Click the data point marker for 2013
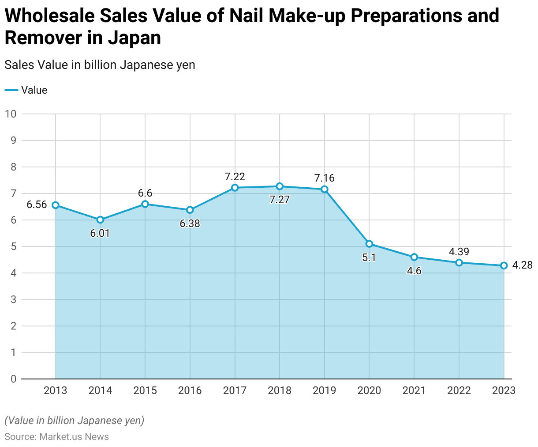[56, 205]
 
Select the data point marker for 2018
[280, 186]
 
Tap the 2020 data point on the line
[370, 244]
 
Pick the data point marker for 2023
[504, 265]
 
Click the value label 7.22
[235, 177]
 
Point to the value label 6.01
[100, 233]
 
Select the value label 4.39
[459, 252]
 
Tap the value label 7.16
[324, 178]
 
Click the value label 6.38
[190, 223]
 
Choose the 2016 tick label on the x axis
[190, 390]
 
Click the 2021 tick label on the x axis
[414, 390]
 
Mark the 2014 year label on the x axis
[100, 390]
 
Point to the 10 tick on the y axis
[11, 114]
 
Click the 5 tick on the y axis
[13, 246]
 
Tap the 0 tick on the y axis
[13, 379]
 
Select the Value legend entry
[26, 90]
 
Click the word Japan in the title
[133, 38]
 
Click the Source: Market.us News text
[56, 437]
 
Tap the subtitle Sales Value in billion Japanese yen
[100, 65]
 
